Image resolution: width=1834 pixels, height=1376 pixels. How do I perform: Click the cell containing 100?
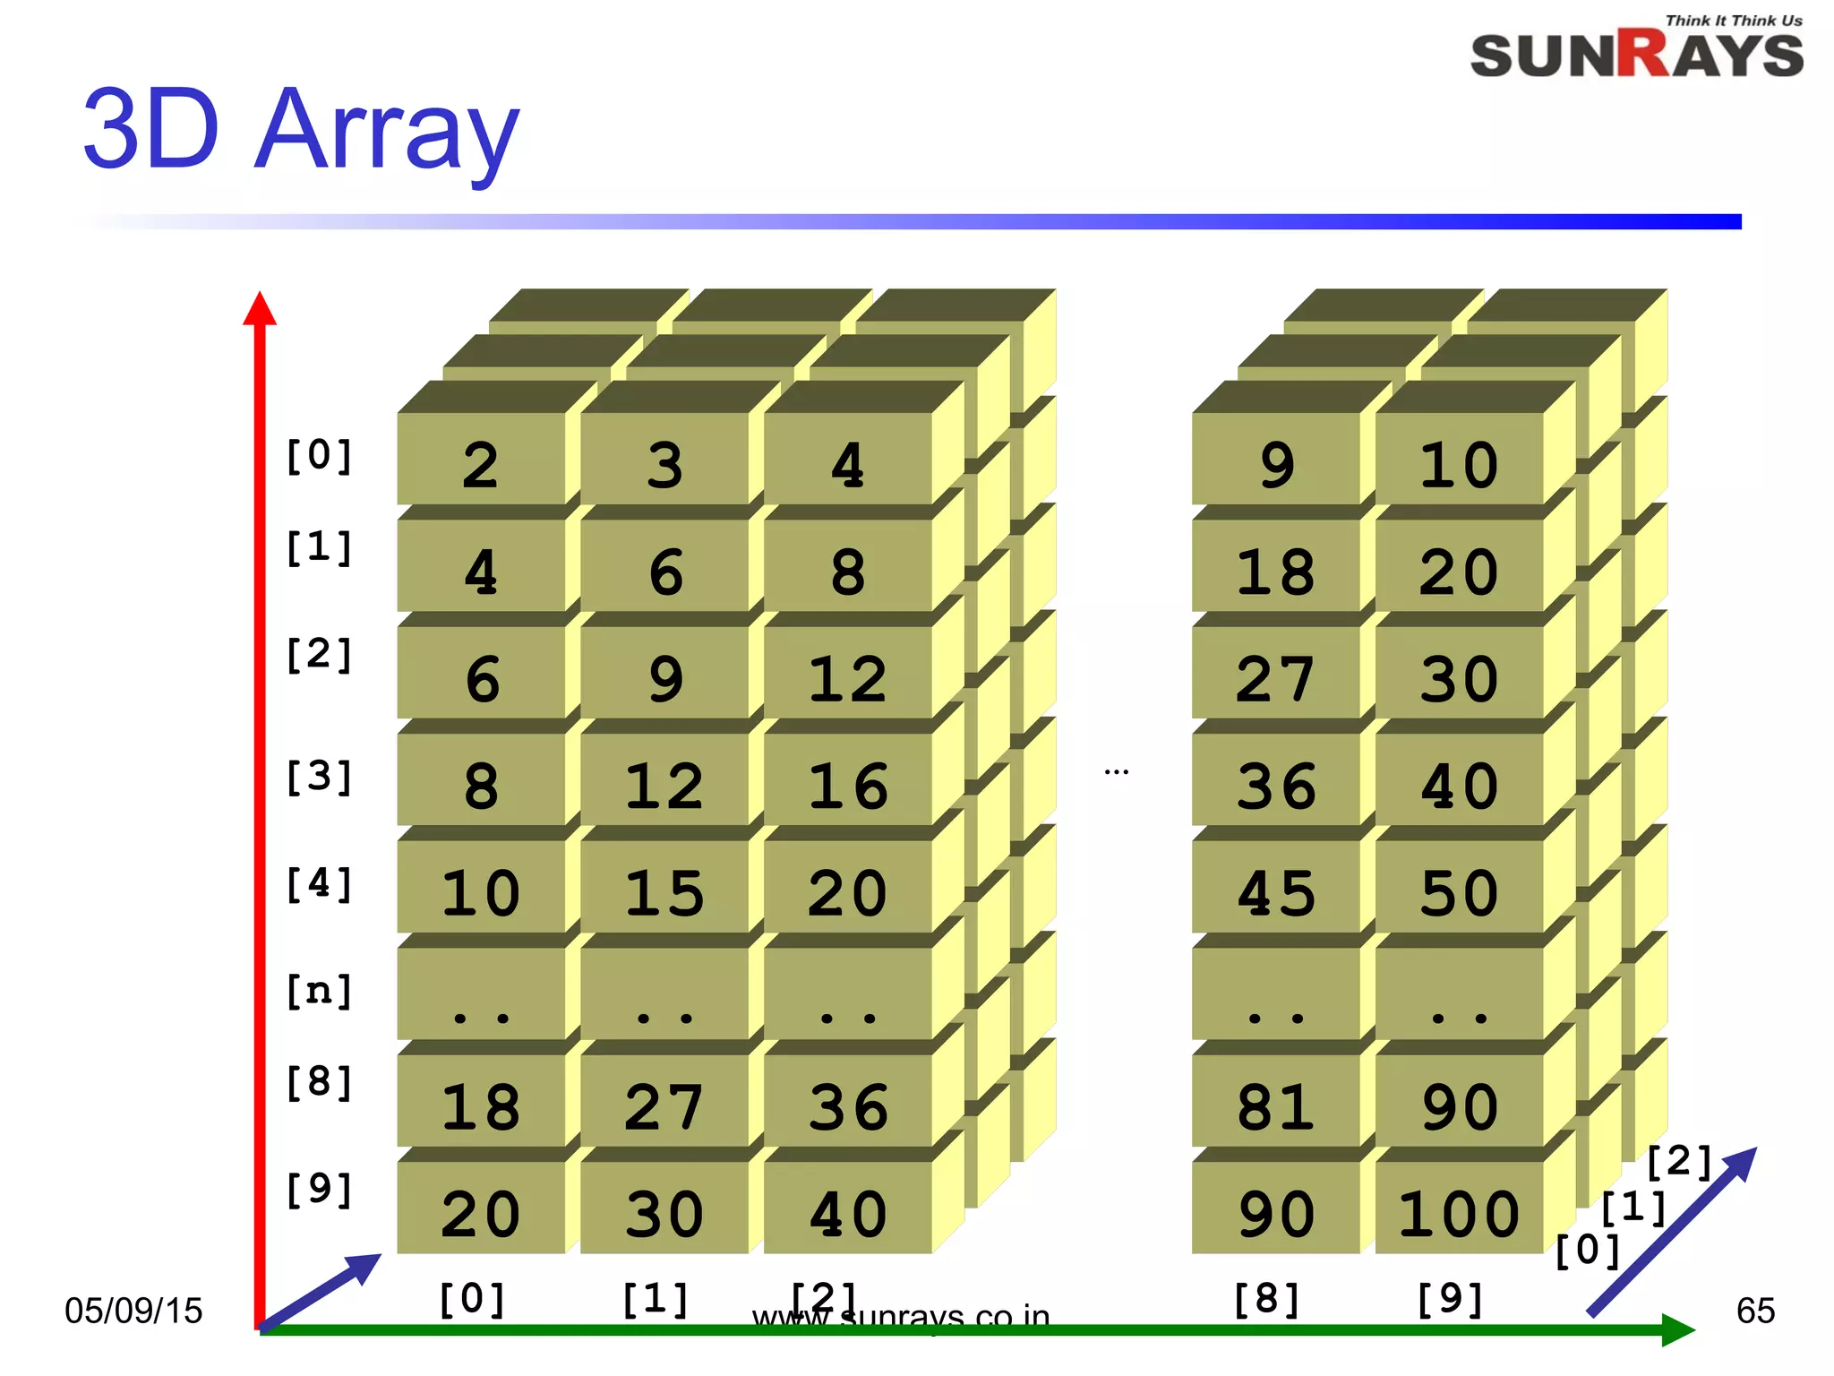coord(1459,1214)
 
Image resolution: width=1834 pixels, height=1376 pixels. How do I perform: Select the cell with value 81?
coord(1276,1107)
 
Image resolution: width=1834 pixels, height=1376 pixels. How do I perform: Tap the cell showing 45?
coord(1276,893)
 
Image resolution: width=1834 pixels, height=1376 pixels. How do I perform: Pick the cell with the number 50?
coord(1459,893)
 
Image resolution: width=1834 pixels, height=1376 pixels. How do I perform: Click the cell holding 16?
coord(848,786)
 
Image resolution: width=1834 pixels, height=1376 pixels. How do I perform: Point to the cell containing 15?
coord(664,893)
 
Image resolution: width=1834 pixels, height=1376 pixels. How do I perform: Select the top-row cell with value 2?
coord(481,464)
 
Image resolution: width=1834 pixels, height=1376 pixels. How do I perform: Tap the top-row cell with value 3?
coord(664,464)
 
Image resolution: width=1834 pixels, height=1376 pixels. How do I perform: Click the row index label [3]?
coord(319,777)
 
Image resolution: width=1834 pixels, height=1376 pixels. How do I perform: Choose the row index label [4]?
coord(319,884)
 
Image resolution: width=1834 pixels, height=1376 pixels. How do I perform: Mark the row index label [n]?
coord(319,991)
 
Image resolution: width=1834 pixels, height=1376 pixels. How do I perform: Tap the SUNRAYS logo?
coord(1636,56)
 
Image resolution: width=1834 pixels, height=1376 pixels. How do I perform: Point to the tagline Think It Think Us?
coord(1734,21)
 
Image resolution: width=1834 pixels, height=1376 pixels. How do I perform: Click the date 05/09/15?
coord(133,1311)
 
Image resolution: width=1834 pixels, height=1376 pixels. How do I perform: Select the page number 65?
coord(1755,1311)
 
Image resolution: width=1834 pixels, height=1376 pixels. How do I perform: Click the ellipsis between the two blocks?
coord(1116,771)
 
